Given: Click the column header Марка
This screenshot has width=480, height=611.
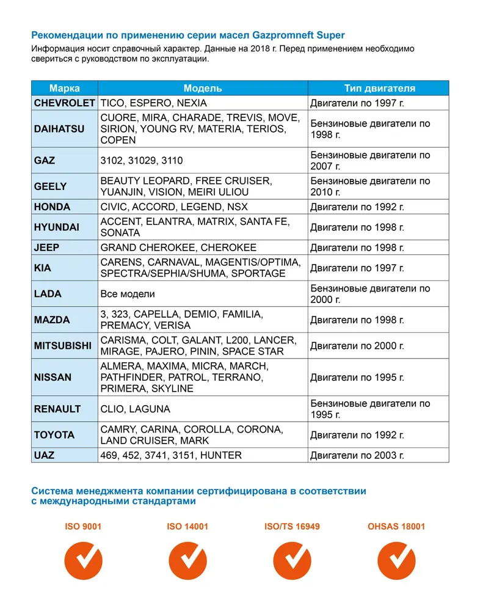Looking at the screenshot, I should pos(64,88).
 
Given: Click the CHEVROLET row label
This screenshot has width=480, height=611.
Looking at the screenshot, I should pos(64,103).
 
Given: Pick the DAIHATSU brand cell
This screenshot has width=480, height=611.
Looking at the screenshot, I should pos(59,129).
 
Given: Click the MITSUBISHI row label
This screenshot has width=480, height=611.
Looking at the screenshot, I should pos(64,346).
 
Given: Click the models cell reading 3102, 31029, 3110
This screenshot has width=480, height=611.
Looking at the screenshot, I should pos(141,161).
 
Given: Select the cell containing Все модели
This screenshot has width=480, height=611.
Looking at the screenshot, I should pos(127,294).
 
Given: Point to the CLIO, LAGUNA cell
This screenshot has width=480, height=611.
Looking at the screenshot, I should pos(135,409).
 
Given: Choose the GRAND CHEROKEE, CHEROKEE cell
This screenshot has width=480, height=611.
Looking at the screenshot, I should pos(178,247).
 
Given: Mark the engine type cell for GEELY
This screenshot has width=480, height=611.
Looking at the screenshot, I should pos(370,186).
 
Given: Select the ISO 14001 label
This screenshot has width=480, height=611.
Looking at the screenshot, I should pos(187,526).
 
